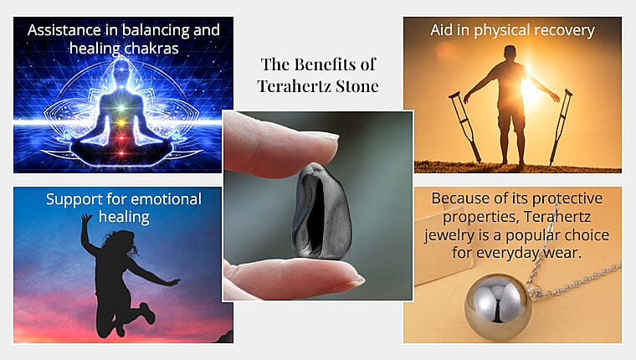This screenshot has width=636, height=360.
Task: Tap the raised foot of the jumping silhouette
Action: pos(147,313)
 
